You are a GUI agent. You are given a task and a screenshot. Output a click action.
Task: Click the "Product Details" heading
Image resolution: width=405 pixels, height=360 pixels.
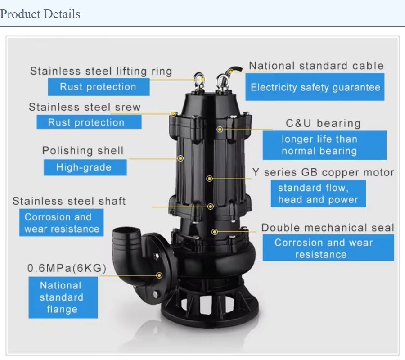coord(40,14)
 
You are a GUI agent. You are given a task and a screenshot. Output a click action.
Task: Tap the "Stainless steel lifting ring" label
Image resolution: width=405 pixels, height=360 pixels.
coord(101,71)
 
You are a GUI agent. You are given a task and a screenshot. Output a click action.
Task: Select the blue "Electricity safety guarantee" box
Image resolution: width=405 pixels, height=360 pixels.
coord(315,88)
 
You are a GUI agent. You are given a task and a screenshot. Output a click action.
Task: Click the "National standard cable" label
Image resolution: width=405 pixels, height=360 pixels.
coord(316,66)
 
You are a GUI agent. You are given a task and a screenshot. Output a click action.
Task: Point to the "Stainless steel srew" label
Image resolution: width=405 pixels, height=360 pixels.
coord(85,107)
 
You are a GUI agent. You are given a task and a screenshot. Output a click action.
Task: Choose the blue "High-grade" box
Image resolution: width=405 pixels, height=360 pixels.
coord(84,168)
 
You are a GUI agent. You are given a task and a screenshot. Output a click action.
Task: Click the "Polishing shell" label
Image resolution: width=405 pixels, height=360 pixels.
coord(83,151)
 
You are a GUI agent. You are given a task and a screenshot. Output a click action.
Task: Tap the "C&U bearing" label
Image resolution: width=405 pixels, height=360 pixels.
coord(323,123)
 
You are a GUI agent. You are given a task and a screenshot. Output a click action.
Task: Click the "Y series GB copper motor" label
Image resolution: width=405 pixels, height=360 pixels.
coord(323,172)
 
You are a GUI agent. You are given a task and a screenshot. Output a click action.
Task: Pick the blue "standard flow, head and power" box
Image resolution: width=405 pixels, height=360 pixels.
coord(318,194)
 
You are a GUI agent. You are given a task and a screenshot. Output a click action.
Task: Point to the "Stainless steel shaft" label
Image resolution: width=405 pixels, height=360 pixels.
coord(69,201)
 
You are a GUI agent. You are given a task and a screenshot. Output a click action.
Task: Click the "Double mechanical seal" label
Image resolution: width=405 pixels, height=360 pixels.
coord(328,228)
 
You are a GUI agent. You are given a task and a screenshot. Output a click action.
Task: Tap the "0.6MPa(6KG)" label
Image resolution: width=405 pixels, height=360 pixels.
coord(67,268)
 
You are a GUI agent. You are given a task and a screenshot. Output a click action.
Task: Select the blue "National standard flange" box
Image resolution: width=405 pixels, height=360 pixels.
coord(62,297)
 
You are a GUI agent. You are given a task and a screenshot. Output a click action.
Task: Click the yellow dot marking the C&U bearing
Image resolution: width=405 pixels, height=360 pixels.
coord(220,129)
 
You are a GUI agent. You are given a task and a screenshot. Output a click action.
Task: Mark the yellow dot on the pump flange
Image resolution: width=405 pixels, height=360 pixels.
coord(160,275)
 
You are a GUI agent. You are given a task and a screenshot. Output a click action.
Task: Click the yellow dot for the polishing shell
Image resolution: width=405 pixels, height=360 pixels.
coord(180,158)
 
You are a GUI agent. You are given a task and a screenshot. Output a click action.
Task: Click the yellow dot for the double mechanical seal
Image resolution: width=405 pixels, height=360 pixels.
coord(215,232)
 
